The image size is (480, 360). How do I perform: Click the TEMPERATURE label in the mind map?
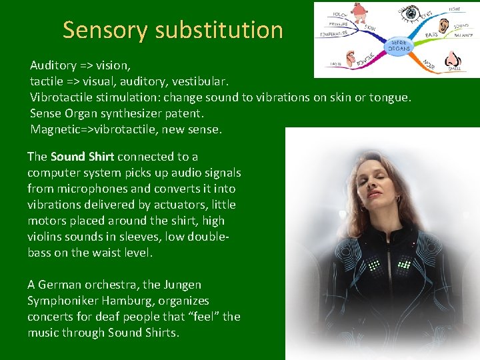tap(333, 33)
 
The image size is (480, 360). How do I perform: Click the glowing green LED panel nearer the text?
tap(374, 267)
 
